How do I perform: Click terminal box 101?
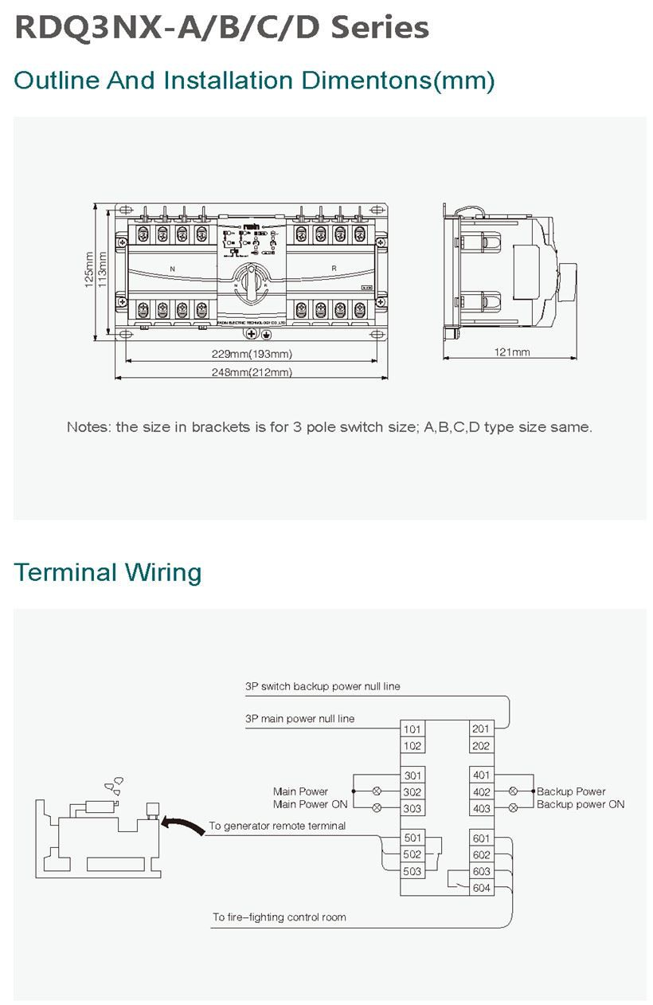(412, 729)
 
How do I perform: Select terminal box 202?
(481, 746)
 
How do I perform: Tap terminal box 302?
(412, 792)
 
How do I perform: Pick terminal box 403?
(481, 808)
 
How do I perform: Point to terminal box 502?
(412, 854)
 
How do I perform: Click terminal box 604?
(481, 888)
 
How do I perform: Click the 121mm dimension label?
(511, 352)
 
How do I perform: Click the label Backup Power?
(571, 791)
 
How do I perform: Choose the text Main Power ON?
(310, 804)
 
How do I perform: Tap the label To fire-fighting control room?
(279, 917)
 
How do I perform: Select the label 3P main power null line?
(299, 719)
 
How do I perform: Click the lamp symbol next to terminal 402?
(514, 791)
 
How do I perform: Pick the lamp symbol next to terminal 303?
(377, 808)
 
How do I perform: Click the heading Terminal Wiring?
(108, 572)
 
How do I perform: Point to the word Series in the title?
(380, 28)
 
